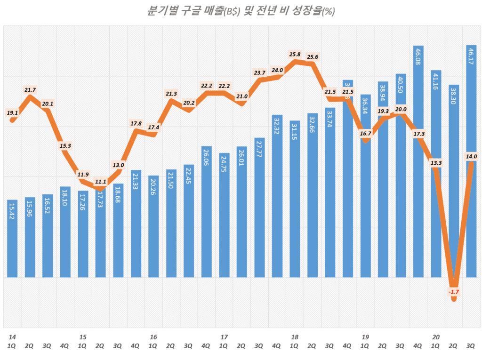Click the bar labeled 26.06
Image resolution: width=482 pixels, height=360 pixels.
206,212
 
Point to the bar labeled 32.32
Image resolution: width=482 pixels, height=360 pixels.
277,196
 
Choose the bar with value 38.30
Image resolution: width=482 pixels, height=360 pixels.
453,181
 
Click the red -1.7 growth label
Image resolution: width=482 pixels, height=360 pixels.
454,292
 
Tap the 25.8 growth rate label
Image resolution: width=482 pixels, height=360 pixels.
295,55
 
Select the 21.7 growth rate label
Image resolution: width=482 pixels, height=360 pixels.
30,90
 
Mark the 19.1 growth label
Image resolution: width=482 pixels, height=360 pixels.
13,113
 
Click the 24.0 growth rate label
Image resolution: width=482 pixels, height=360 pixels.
277,71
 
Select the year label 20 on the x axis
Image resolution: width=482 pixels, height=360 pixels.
436,337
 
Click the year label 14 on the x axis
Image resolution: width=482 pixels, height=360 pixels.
13,337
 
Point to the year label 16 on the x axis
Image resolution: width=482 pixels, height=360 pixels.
153,337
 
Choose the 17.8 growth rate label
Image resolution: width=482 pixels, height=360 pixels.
136,124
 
